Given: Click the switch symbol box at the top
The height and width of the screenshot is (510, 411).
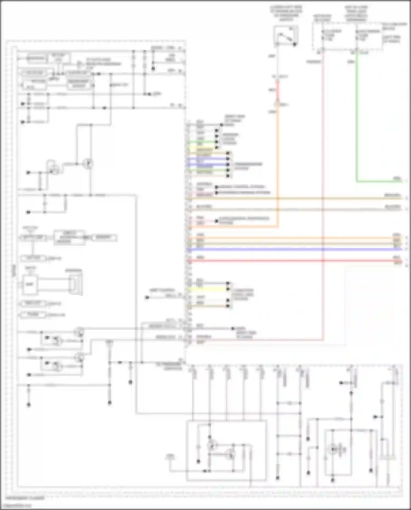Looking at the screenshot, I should pos(286,36).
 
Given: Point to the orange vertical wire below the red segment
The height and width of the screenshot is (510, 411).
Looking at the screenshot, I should pos(278,164).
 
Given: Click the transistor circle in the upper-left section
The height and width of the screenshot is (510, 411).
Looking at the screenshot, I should pos(88,164).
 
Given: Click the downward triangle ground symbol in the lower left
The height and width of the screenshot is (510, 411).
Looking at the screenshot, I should pos(109,343).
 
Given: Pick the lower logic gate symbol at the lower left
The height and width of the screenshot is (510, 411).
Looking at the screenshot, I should pos(57,366).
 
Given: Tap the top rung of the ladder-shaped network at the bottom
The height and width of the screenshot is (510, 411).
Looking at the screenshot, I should pos(289,403).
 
